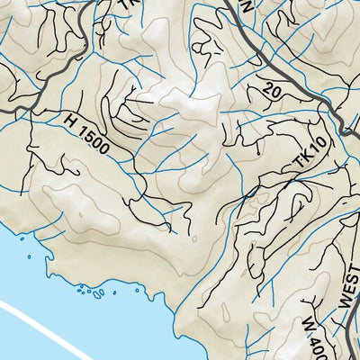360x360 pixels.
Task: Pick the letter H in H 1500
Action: click(x=71, y=118)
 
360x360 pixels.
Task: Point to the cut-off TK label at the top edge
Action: click(x=127, y=4)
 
